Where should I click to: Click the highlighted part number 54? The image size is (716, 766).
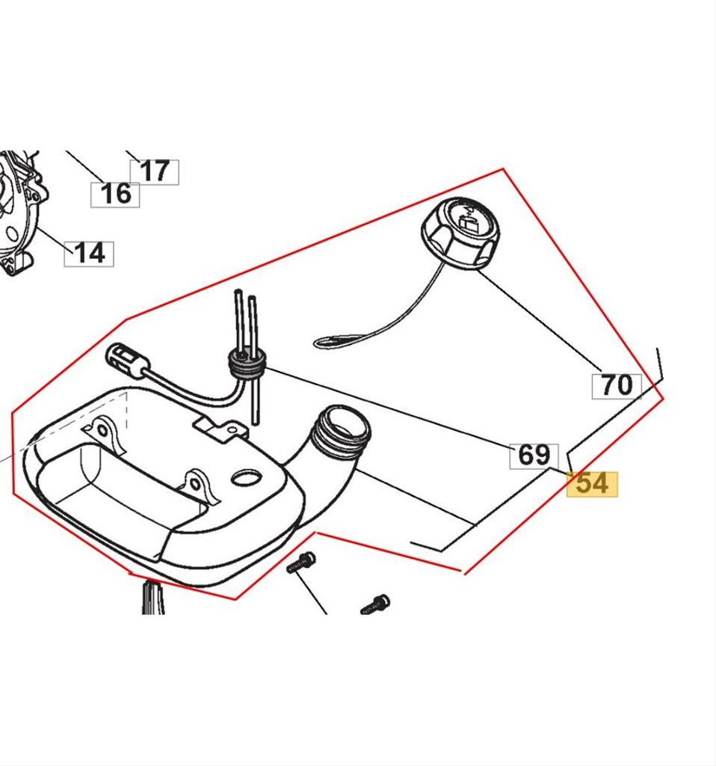click(x=593, y=484)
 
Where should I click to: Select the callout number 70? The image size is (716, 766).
click(x=617, y=385)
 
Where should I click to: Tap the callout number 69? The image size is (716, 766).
click(x=534, y=455)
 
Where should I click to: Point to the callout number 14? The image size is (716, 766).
click(x=89, y=253)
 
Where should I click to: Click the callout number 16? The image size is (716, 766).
click(x=115, y=194)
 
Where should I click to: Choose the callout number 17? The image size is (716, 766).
click(x=155, y=171)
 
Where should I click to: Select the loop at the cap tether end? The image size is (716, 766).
click(x=330, y=343)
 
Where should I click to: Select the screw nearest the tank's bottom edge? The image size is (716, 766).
click(x=301, y=563)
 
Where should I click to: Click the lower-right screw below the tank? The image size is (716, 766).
click(x=376, y=604)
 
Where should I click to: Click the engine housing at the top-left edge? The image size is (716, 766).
click(x=19, y=209)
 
